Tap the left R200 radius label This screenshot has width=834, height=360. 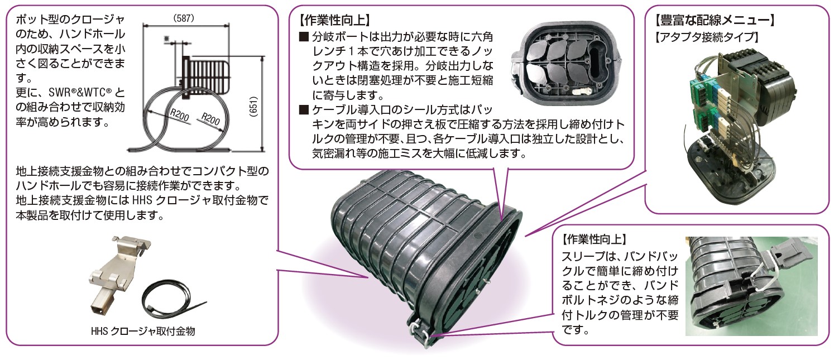[180, 115]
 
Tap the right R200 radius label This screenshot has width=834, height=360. [210, 119]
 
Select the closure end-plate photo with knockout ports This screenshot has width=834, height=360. [564, 64]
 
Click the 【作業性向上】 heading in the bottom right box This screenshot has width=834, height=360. [592, 239]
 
